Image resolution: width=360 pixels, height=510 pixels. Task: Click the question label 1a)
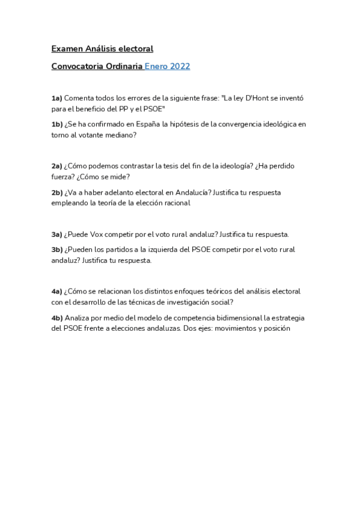56,97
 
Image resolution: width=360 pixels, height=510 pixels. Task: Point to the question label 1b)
57,124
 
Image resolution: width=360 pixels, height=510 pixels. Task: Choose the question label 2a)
56,165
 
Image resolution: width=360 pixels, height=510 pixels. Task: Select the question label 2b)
57,192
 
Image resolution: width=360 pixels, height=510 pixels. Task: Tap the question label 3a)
56,234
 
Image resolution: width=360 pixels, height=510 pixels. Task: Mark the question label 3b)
57,250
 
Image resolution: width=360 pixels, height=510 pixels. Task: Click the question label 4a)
56,291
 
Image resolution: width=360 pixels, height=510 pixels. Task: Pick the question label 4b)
57,318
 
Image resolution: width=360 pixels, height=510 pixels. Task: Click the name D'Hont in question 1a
252,97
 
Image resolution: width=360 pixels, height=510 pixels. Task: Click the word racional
176,203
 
